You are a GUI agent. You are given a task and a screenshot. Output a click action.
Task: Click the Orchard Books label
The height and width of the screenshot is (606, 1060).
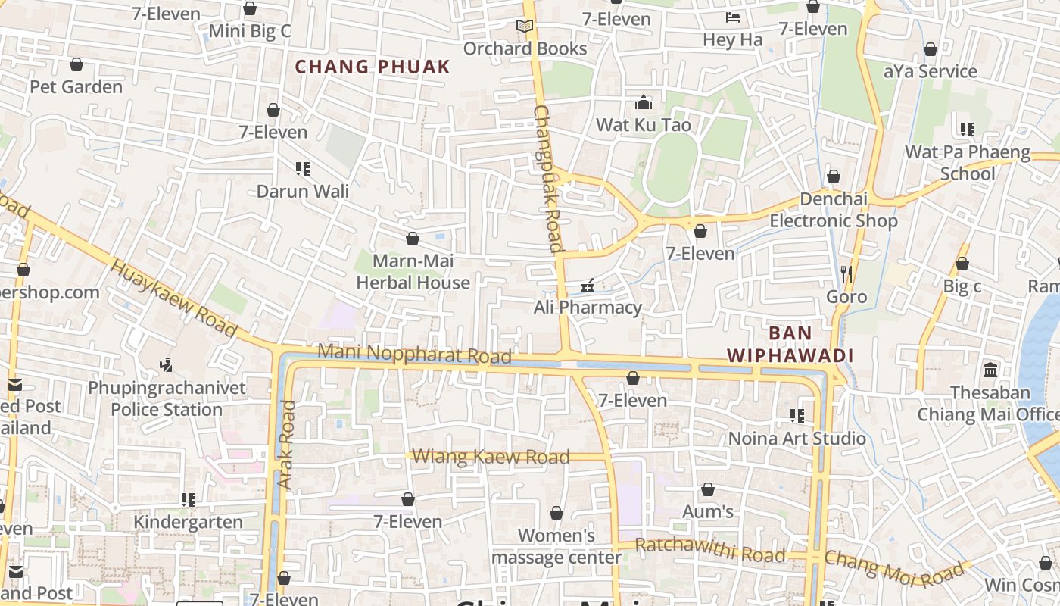coord(525,48)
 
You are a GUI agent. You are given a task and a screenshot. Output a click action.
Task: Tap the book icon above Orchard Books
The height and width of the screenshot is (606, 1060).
coord(525,27)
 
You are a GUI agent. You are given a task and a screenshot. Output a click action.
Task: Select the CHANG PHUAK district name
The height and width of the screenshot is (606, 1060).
coord(373,67)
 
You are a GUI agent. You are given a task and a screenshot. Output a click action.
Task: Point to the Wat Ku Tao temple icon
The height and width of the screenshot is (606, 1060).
coord(644,102)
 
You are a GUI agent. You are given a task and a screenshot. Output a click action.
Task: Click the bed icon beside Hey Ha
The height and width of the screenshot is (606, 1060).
coord(732,17)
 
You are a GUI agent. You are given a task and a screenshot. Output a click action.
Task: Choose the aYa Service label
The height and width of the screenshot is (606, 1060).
coord(931,71)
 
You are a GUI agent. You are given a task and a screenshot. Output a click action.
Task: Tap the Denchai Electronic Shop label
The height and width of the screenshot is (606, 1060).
coord(834,210)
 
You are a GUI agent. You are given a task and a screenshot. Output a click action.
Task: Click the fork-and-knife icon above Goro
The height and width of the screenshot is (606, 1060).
coord(846,273)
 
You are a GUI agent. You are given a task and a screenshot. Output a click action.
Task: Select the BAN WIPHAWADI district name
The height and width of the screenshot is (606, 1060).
coord(790,344)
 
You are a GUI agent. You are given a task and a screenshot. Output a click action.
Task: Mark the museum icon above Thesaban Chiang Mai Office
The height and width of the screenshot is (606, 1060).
coord(990,370)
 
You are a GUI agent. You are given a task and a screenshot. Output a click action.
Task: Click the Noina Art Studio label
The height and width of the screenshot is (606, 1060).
coord(797,439)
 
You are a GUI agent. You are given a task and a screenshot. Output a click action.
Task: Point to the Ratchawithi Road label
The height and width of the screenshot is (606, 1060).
coord(709,551)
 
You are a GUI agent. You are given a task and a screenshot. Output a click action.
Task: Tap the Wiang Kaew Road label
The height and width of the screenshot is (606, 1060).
coord(491,457)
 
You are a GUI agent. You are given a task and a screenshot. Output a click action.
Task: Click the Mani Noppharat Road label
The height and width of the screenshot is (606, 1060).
coord(414,354)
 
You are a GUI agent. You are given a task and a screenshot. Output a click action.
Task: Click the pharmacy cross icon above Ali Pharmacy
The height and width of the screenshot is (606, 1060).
coord(587,286)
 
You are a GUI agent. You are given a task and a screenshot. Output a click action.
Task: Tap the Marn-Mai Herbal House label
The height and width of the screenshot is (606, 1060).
coord(413,272)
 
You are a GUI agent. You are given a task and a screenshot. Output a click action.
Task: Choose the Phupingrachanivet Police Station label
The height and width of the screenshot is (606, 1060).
coord(167,399)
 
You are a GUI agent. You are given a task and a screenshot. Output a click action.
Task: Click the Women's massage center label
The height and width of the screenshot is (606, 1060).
coord(556,546)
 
